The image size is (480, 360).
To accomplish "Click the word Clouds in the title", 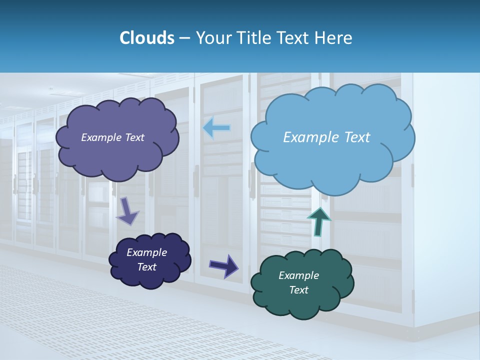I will pos(147,38).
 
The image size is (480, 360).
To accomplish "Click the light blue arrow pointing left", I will pos(216,128).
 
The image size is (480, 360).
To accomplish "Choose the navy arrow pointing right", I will pos(224,265).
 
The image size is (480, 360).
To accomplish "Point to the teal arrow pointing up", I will pos(318,220).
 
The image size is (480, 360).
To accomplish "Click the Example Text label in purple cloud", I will pos(112,137).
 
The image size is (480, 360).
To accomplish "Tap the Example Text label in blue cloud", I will pos(326,137).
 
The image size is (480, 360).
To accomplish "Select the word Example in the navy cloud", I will pos(146,252).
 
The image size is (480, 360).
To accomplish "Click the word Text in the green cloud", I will pos(298,290).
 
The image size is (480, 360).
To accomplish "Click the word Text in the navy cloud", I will pos(146,267).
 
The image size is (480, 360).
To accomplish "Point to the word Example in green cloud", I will pos(298,275).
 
